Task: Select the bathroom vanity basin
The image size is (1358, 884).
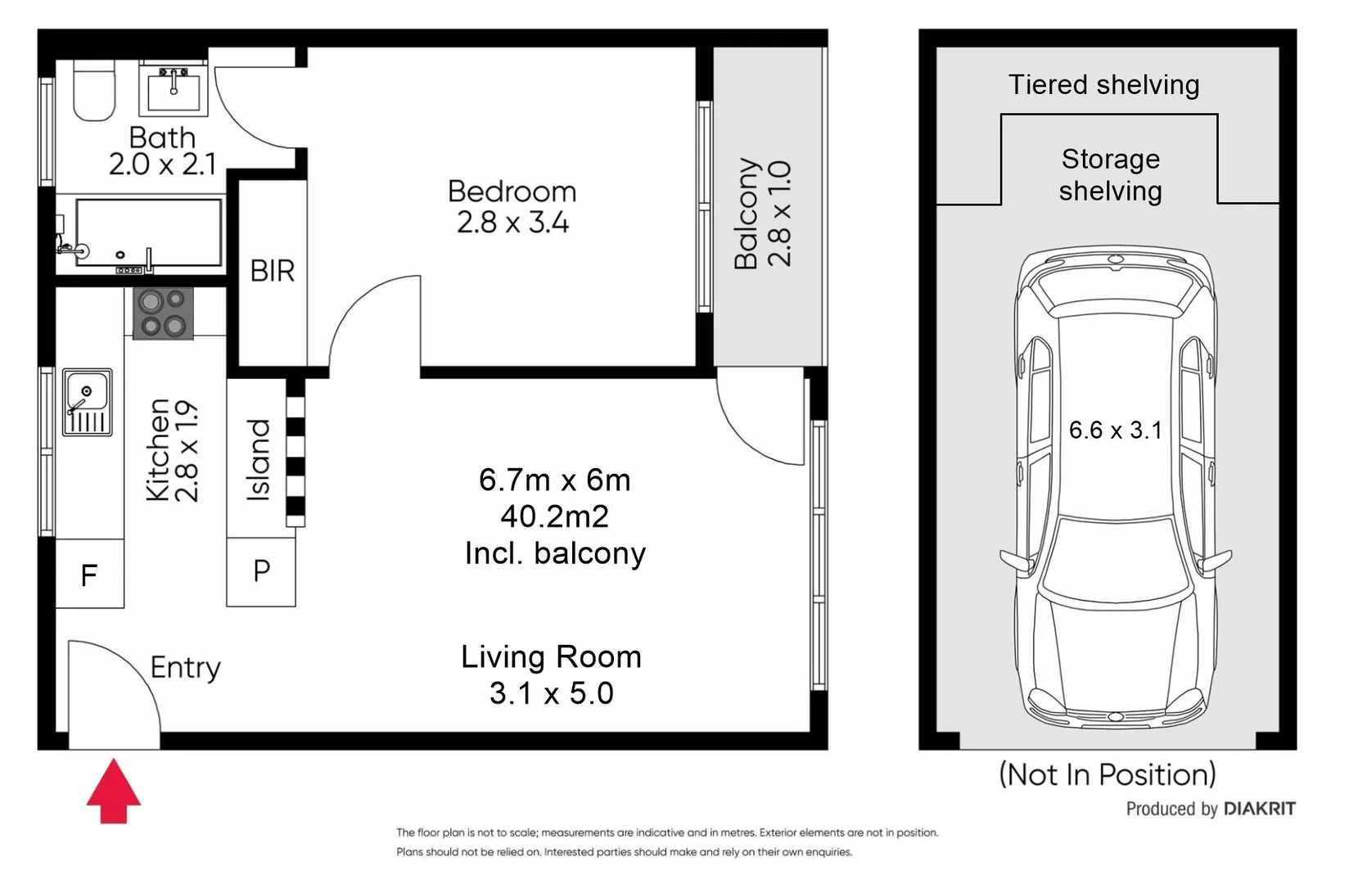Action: coord(174,88)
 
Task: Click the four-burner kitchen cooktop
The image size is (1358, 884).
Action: coord(163,313)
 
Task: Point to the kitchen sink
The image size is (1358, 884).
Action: coord(87,402)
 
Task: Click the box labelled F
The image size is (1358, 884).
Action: coord(89,575)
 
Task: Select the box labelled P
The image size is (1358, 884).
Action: coord(261,571)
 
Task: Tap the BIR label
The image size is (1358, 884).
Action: coord(272,271)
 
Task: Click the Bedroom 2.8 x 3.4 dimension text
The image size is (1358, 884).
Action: coord(512,222)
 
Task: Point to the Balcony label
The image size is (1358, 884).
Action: coord(746,214)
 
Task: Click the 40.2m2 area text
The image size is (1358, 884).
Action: coord(554,516)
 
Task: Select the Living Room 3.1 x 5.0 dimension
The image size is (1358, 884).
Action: coord(551,692)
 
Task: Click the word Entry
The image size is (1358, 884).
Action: coord(185,668)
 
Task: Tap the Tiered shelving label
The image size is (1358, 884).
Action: coord(1103,85)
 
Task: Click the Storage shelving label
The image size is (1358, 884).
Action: coord(1110,174)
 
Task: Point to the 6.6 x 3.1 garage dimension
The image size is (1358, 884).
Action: coord(1115,430)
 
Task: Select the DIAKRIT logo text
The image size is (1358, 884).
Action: coord(1259,809)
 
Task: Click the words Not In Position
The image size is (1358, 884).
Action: coord(1107,774)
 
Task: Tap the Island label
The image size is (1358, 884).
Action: coord(259,460)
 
